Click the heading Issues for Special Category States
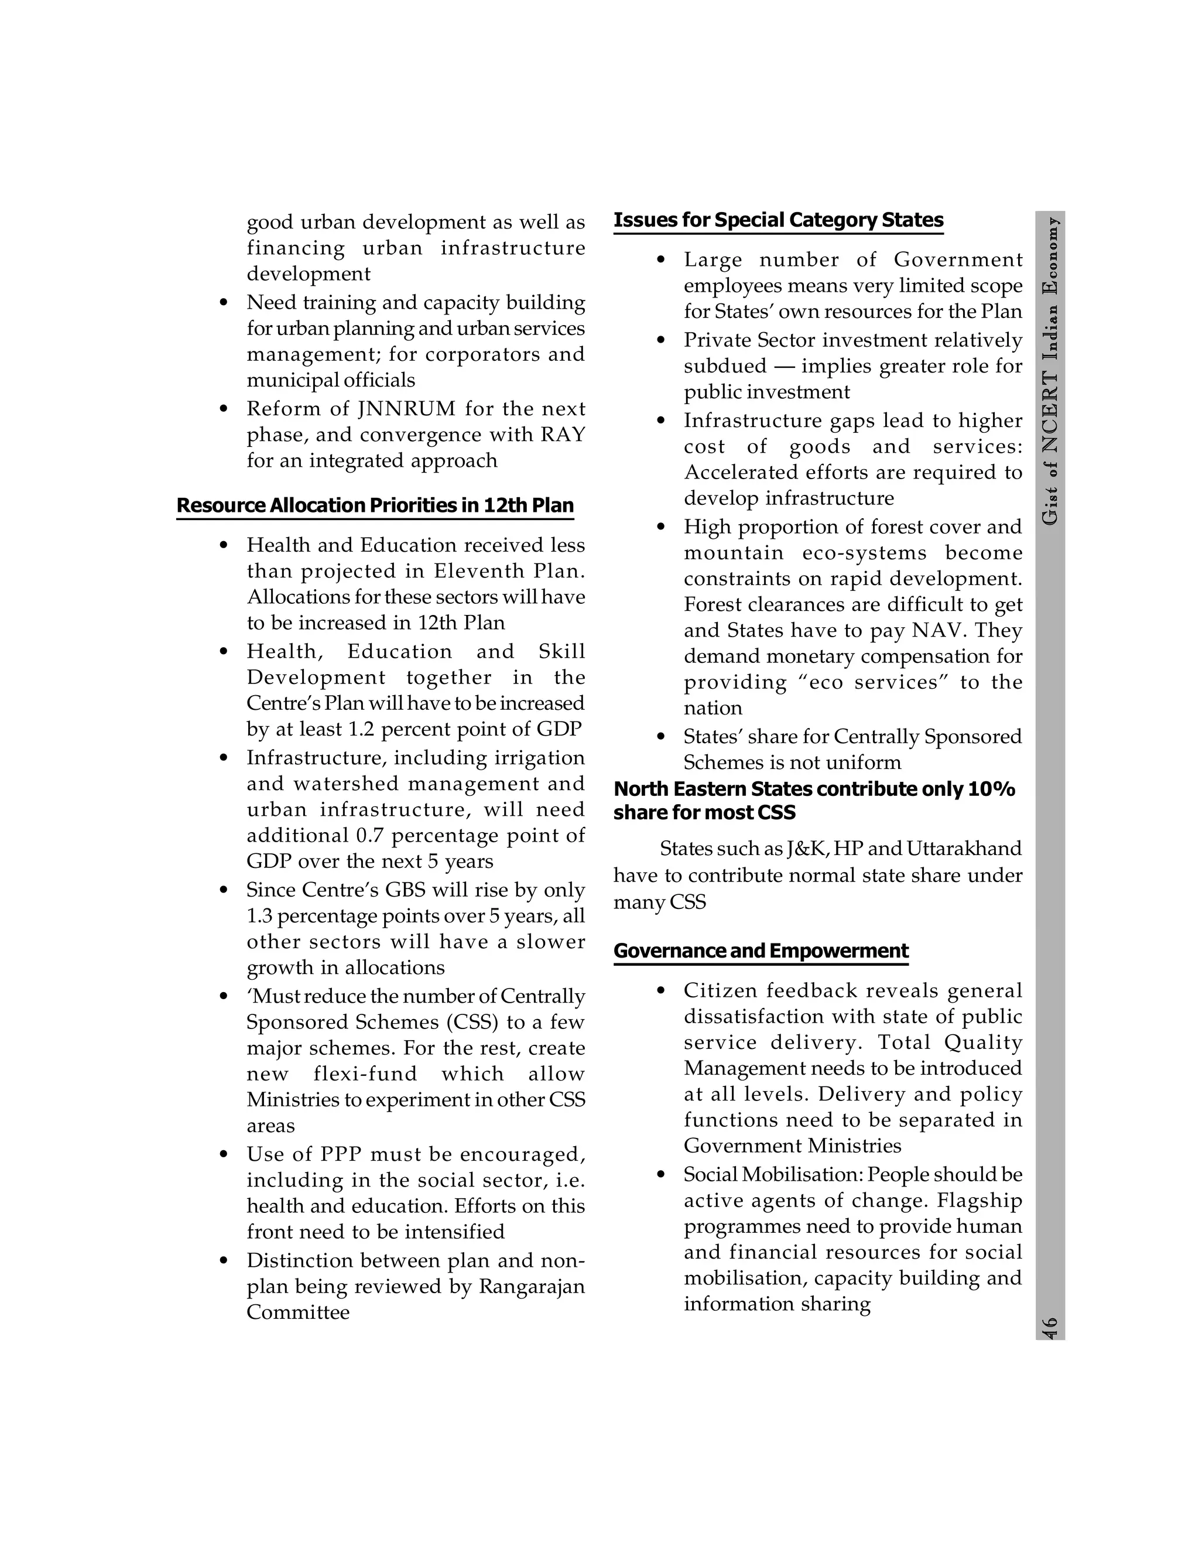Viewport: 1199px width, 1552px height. click(778, 220)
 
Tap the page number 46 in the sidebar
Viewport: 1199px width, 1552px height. click(1050, 1327)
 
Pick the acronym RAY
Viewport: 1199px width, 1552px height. click(563, 435)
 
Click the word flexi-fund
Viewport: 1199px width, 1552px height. click(365, 1075)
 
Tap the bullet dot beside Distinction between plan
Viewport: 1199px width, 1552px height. click(224, 1262)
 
